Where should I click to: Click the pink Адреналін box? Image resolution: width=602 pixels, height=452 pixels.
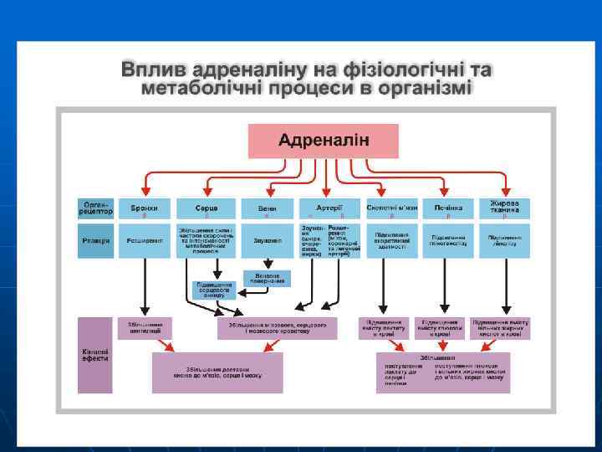click(x=310, y=141)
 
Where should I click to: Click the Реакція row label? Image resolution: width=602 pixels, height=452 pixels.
click(x=95, y=241)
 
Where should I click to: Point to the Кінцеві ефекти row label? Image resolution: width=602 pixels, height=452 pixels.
click(x=94, y=355)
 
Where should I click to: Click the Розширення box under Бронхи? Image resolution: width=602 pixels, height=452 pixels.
click(x=145, y=241)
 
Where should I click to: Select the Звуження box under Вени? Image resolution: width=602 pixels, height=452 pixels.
click(x=267, y=241)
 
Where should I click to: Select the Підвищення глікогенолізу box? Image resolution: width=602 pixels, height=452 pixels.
click(x=449, y=241)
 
